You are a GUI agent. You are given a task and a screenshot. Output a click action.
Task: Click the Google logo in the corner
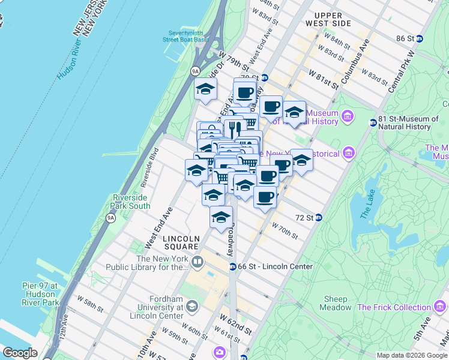point(20,353)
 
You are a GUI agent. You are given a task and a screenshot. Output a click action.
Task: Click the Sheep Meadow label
point(337,303)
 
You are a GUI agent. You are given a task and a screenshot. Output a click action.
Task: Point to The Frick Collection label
point(394,307)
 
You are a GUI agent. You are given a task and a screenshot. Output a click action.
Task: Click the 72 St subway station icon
point(319,217)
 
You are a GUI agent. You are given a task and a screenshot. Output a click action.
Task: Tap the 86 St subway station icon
point(420,38)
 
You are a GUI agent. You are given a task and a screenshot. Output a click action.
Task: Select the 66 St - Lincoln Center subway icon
point(232,266)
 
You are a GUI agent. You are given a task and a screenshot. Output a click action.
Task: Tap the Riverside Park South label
point(131,202)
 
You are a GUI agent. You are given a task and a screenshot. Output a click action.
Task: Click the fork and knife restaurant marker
point(235,128)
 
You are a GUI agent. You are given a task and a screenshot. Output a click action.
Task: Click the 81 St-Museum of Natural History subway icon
point(373,122)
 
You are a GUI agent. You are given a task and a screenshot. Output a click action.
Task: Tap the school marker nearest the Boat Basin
point(205,90)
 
